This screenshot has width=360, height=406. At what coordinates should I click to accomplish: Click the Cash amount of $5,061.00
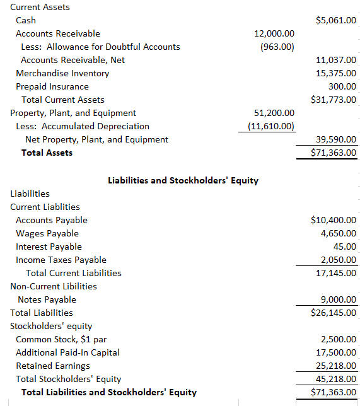334,20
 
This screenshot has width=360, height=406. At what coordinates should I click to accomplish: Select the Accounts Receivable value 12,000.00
274,33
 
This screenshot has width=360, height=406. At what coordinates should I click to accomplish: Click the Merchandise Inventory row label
62,73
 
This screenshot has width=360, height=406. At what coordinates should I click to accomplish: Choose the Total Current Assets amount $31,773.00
334,100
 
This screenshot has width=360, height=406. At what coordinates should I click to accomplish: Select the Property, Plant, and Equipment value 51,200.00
274,113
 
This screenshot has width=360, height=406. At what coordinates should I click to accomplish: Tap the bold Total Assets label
47,153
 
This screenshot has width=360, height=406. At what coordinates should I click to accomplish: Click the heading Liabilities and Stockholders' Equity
183,180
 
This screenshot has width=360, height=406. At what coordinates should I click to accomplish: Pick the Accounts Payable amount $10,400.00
334,220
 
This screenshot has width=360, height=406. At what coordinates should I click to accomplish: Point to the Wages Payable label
47,233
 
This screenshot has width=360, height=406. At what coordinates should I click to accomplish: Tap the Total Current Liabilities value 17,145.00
336,273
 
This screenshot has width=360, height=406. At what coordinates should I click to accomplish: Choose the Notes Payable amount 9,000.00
339,299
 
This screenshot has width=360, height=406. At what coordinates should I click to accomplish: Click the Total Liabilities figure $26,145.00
334,313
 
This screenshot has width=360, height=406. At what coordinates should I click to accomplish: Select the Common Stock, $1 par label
61,339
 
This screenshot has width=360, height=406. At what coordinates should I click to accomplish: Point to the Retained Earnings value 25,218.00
336,366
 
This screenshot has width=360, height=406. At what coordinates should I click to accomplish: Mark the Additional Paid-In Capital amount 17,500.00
336,352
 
